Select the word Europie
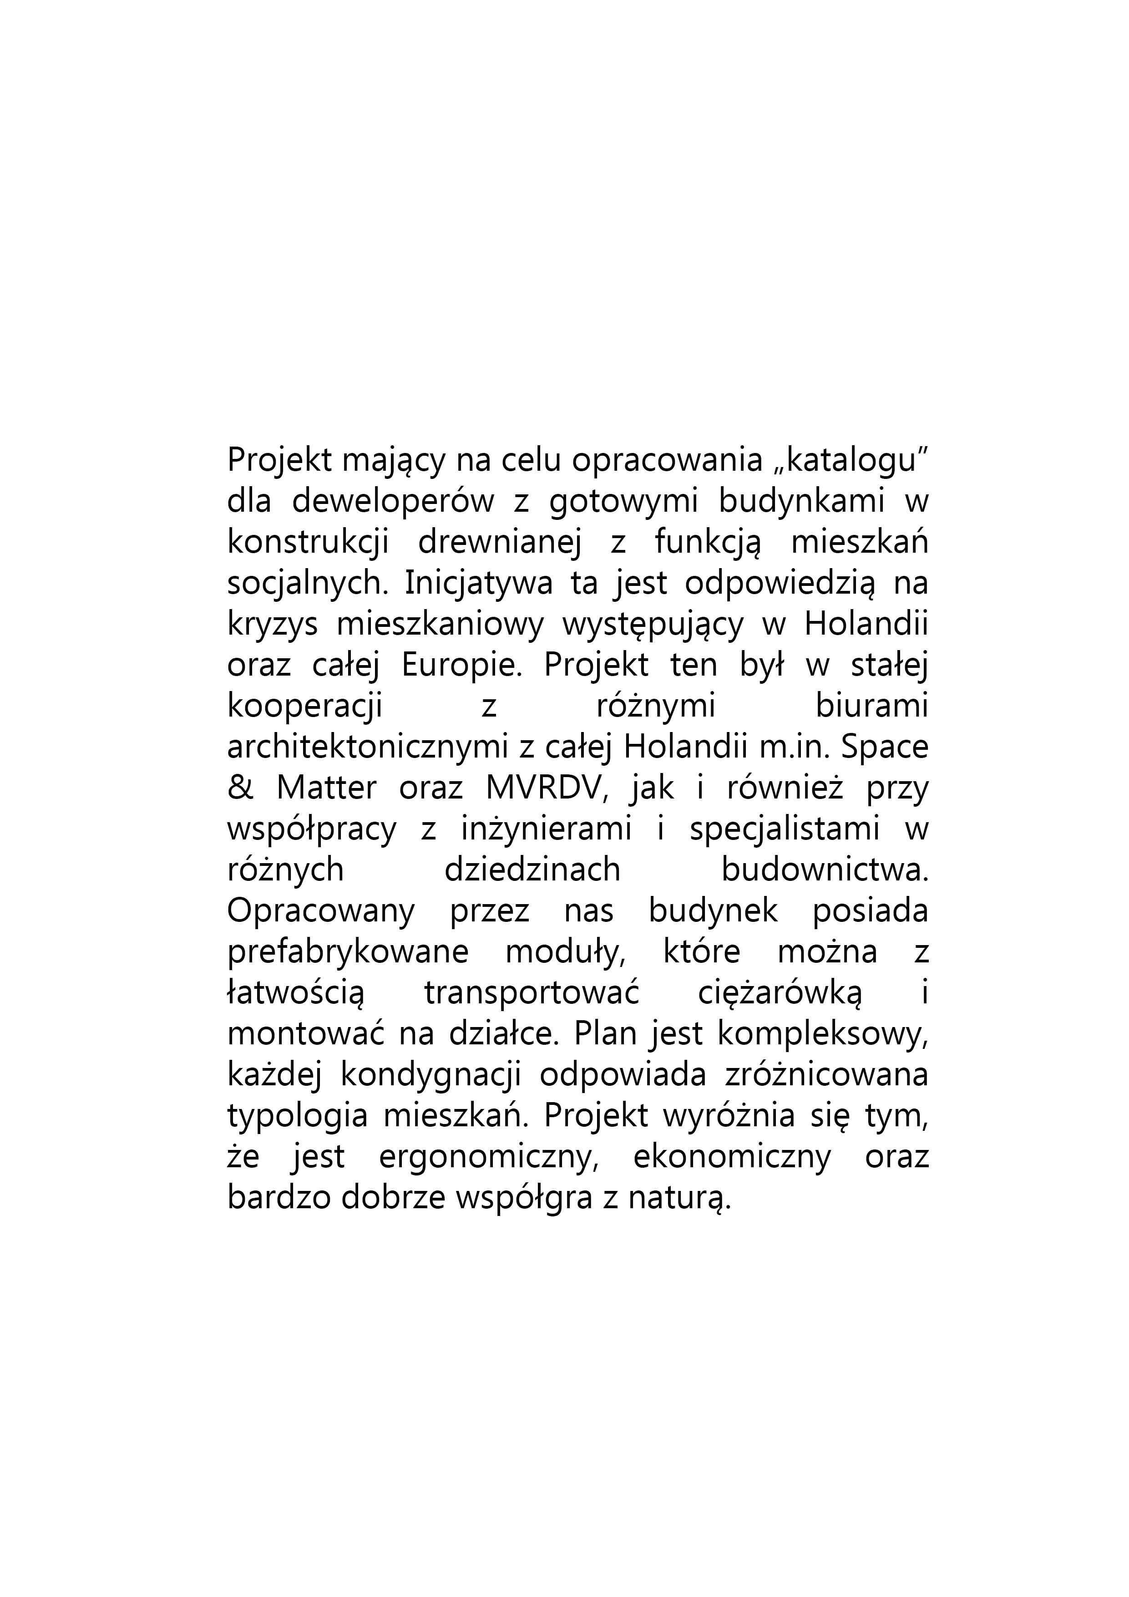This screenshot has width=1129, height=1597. coord(461,665)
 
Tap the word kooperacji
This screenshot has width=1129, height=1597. coord(304,707)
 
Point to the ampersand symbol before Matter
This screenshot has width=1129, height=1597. coord(240,788)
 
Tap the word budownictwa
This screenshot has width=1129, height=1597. coord(825,870)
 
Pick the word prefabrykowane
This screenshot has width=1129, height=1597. coord(348,952)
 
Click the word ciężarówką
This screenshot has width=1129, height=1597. coord(780,993)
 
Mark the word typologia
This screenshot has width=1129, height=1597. coord(297,1116)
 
